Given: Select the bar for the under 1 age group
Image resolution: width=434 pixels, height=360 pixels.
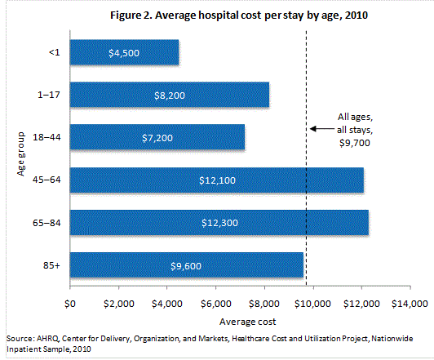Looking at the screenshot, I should coord(124,52).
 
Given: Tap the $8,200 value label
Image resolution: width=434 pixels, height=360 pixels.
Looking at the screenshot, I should coord(170,95).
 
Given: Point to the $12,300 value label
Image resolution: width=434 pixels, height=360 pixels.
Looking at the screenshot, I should coord(219,222).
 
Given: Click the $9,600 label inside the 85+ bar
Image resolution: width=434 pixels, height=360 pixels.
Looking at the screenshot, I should coord(187,264).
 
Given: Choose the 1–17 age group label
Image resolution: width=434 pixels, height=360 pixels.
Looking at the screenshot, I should coord(52,95).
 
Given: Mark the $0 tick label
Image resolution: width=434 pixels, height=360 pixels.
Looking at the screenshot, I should coord(70,304).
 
